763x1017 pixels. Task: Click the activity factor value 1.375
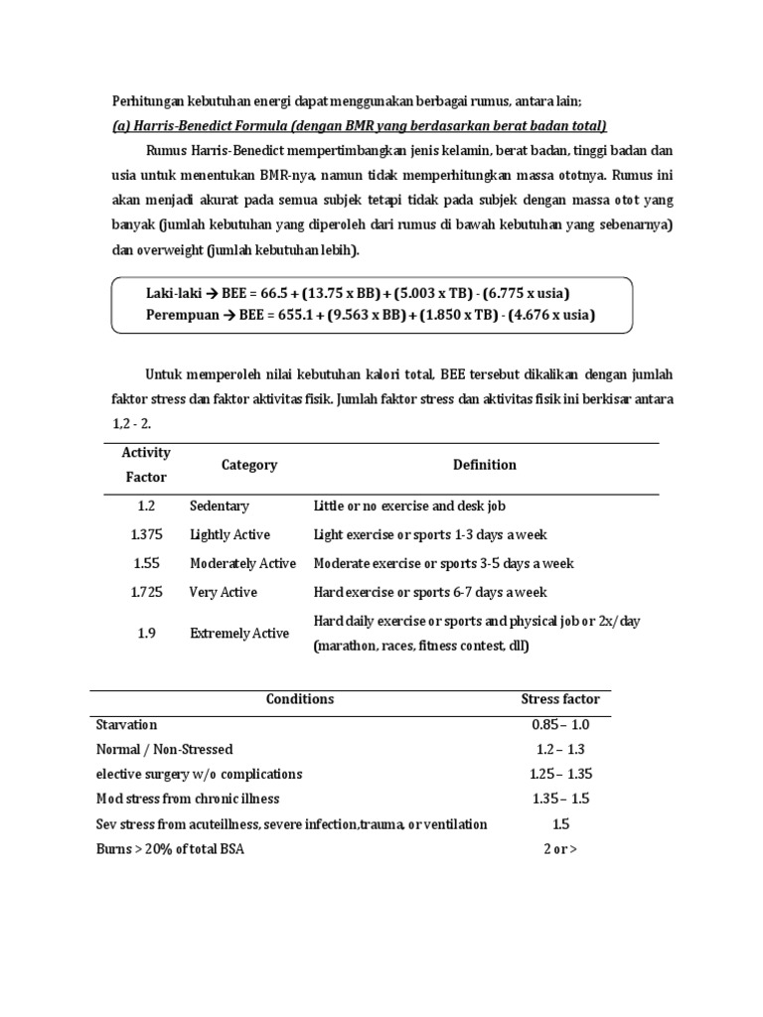[147, 534]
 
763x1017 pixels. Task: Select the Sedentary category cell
[220, 507]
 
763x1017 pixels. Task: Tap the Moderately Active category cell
[242, 563]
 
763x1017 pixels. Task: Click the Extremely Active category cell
[239, 634]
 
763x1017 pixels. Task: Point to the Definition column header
[485, 465]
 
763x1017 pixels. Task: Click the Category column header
[249, 465]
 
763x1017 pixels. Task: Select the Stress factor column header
[560, 699]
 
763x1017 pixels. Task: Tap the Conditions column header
[300, 699]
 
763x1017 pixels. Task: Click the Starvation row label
[126, 725]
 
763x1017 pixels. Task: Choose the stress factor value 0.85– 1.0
[560, 725]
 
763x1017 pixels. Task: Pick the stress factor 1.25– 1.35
[560, 774]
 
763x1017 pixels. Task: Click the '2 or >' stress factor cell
[560, 848]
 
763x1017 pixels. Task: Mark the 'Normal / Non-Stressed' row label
[164, 750]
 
